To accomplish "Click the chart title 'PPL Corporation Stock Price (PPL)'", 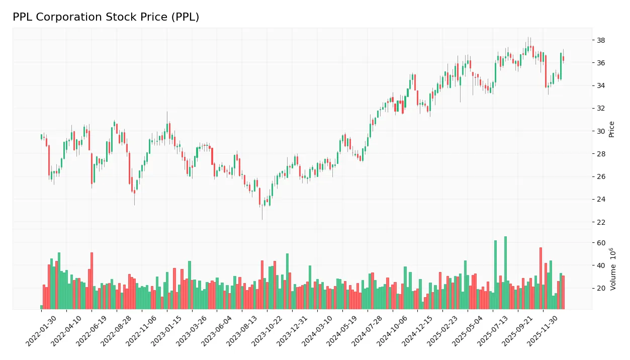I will click(x=106, y=17).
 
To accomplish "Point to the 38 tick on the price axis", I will click(x=601, y=40).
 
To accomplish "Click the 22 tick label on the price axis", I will click(x=601, y=222).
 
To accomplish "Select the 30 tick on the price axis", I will click(x=601, y=131).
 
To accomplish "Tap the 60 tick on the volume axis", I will click(x=601, y=243).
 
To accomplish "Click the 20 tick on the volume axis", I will click(x=601, y=288).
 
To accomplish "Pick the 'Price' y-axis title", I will click(x=611, y=129).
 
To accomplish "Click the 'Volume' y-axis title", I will click(x=612, y=269).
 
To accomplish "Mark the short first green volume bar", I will click(x=41, y=307).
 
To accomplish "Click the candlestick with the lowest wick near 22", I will click(x=262, y=206).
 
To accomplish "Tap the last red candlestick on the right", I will click(x=563, y=59).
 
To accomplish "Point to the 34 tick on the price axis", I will click(x=601, y=85).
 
